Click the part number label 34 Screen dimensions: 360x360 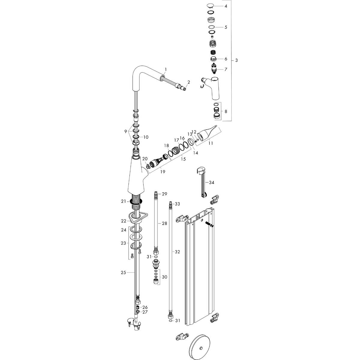coord(211,182)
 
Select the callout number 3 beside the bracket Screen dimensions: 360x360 coord(236,61)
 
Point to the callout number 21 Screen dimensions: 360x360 coord(123,201)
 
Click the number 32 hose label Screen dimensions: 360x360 coord(177,252)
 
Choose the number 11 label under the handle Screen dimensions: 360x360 coord(211,143)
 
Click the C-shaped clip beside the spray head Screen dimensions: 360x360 coord(202,87)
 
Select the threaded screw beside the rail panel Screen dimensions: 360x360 coord(209,225)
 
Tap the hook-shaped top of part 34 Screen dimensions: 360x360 coord(200,170)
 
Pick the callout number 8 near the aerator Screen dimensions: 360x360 coord(226,111)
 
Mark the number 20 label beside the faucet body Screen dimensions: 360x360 coord(145,159)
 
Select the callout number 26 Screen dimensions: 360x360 coord(145,307)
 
